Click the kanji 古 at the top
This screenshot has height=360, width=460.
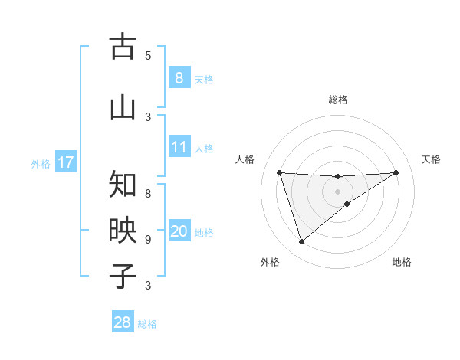click(123, 47)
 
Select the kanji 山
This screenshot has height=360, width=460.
click(123, 106)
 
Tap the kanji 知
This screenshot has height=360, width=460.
click(123, 184)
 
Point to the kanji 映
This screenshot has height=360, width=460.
click(123, 231)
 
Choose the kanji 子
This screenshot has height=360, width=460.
click(123, 276)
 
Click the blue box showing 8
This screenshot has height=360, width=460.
click(179, 78)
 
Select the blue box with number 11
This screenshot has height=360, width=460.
click(179, 147)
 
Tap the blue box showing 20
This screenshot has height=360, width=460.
click(179, 232)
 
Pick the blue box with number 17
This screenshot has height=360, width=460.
click(65, 162)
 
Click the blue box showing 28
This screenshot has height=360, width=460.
click(123, 322)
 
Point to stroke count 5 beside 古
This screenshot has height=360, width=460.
click(148, 56)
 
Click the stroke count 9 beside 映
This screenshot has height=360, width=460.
click(148, 240)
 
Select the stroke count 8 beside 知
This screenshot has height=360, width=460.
click(148, 185)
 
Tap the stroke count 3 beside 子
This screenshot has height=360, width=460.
click(148, 286)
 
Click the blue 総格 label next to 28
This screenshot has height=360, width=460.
click(147, 324)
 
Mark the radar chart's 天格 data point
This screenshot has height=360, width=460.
click(396, 172)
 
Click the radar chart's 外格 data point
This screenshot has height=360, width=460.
click(301, 242)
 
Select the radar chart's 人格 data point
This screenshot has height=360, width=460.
click(280, 172)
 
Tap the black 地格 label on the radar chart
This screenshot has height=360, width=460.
click(402, 262)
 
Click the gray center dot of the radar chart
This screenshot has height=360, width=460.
click(337, 191)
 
